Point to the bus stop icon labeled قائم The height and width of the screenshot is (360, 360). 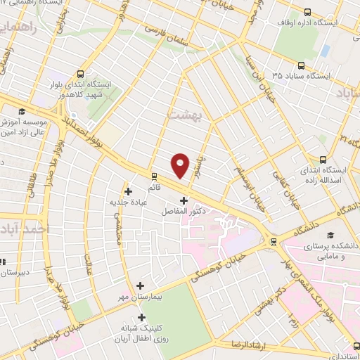[153, 176]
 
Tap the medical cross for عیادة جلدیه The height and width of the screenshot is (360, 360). [128, 191]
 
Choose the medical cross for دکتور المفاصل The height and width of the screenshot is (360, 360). [184, 200]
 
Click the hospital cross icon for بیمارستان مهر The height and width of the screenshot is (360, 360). [141, 286]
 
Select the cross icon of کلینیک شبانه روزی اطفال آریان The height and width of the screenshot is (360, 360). [141, 317]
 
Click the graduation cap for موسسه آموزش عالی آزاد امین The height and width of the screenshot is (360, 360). [22, 111]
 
